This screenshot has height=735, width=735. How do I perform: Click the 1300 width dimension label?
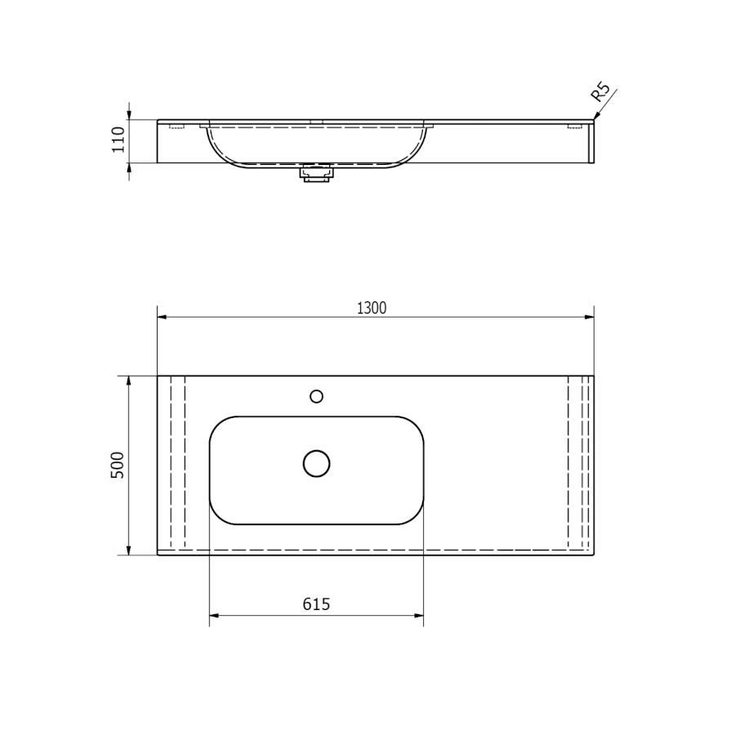pos(372,308)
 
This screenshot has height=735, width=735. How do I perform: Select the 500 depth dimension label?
pos(117,465)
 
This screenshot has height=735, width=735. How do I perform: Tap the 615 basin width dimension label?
pos(316,604)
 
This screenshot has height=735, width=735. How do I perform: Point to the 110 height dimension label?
pos(118,140)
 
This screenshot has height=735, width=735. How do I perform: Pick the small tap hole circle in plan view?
pos(316,397)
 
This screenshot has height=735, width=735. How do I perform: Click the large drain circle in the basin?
pos(316,464)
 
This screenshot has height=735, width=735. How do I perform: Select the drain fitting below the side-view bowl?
pos(318,172)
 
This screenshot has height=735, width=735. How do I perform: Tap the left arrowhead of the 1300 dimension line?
pos(163,318)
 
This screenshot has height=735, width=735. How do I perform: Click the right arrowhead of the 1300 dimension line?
pos(589,318)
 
